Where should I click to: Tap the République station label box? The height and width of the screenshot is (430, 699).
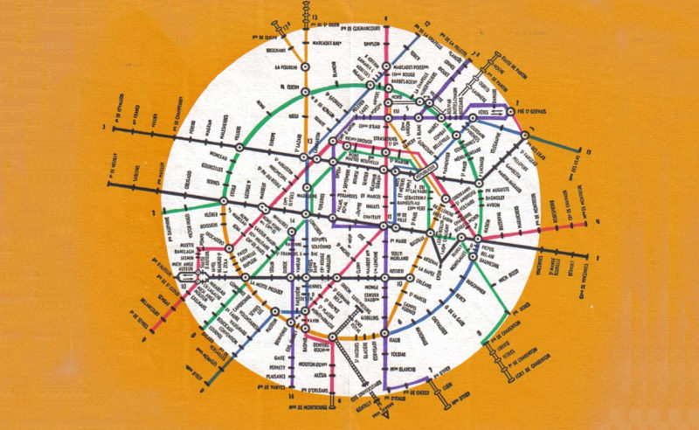(410, 173)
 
